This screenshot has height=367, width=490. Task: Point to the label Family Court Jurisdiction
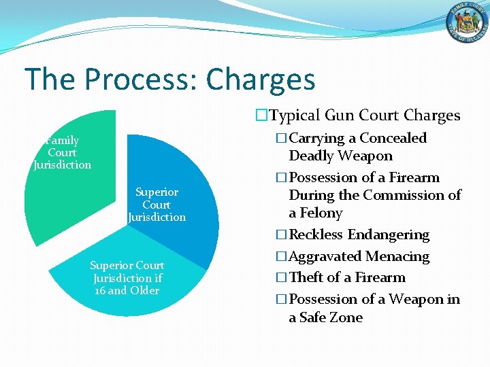(62, 152)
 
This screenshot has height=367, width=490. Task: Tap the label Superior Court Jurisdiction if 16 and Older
(127, 278)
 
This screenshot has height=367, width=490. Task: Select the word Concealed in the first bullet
(393, 138)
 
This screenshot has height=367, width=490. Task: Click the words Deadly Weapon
(340, 156)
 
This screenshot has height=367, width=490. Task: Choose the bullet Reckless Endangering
(359, 234)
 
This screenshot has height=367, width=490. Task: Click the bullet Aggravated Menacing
(359, 256)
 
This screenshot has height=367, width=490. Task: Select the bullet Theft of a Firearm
(346, 277)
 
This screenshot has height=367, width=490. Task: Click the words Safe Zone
(325, 317)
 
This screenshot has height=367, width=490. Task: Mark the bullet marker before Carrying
(282, 138)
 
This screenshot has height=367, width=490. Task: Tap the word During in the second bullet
(310, 195)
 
